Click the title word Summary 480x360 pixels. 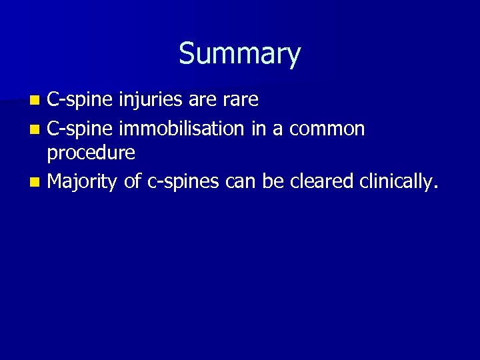pyautogui.click(x=239, y=54)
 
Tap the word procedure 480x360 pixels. pyautogui.click(x=91, y=153)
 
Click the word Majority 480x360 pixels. pyautogui.click(x=83, y=180)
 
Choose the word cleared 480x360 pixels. pyautogui.click(x=321, y=180)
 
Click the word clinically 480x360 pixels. pyautogui.click(x=398, y=180)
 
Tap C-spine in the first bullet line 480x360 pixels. pyautogui.click(x=81, y=101)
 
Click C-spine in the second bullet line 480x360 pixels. pyautogui.click(x=81, y=127)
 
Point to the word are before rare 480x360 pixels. pyautogui.click(x=203, y=101)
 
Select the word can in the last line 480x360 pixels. pyautogui.click(x=241, y=180)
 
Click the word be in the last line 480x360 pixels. pyautogui.click(x=273, y=180)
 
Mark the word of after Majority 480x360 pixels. pyautogui.click(x=133, y=180)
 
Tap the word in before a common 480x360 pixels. pyautogui.click(x=259, y=127)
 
